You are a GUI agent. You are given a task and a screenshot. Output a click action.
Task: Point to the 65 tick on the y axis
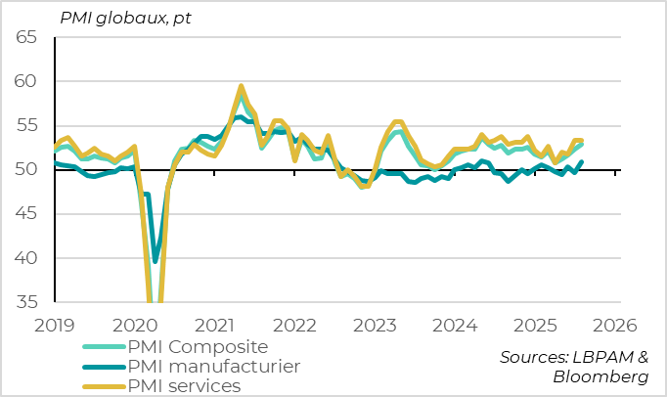point(25,37)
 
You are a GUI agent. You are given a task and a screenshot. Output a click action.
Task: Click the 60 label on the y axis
point(25,81)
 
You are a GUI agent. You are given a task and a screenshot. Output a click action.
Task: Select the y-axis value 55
point(25,125)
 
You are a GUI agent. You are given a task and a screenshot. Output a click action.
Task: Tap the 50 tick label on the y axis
point(25,170)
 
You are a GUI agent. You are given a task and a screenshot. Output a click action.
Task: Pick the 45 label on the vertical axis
point(25,214)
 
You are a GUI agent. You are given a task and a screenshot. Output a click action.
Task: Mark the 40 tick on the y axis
point(25,258)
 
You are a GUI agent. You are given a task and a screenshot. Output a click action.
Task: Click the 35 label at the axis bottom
point(25,302)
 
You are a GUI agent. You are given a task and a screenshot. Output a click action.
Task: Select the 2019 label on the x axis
point(56,325)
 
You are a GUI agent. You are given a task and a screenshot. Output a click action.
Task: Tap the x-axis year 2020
point(136,325)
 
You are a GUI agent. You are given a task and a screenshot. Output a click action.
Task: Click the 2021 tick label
point(215,325)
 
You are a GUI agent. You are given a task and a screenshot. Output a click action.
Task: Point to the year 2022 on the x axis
point(294,325)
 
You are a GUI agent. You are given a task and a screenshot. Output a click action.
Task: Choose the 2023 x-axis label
point(374,325)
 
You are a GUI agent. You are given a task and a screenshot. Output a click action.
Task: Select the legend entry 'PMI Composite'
point(199,347)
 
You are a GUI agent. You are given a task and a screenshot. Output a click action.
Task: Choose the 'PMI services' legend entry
point(185,386)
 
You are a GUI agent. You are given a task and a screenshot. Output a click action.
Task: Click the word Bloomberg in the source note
point(600,377)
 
